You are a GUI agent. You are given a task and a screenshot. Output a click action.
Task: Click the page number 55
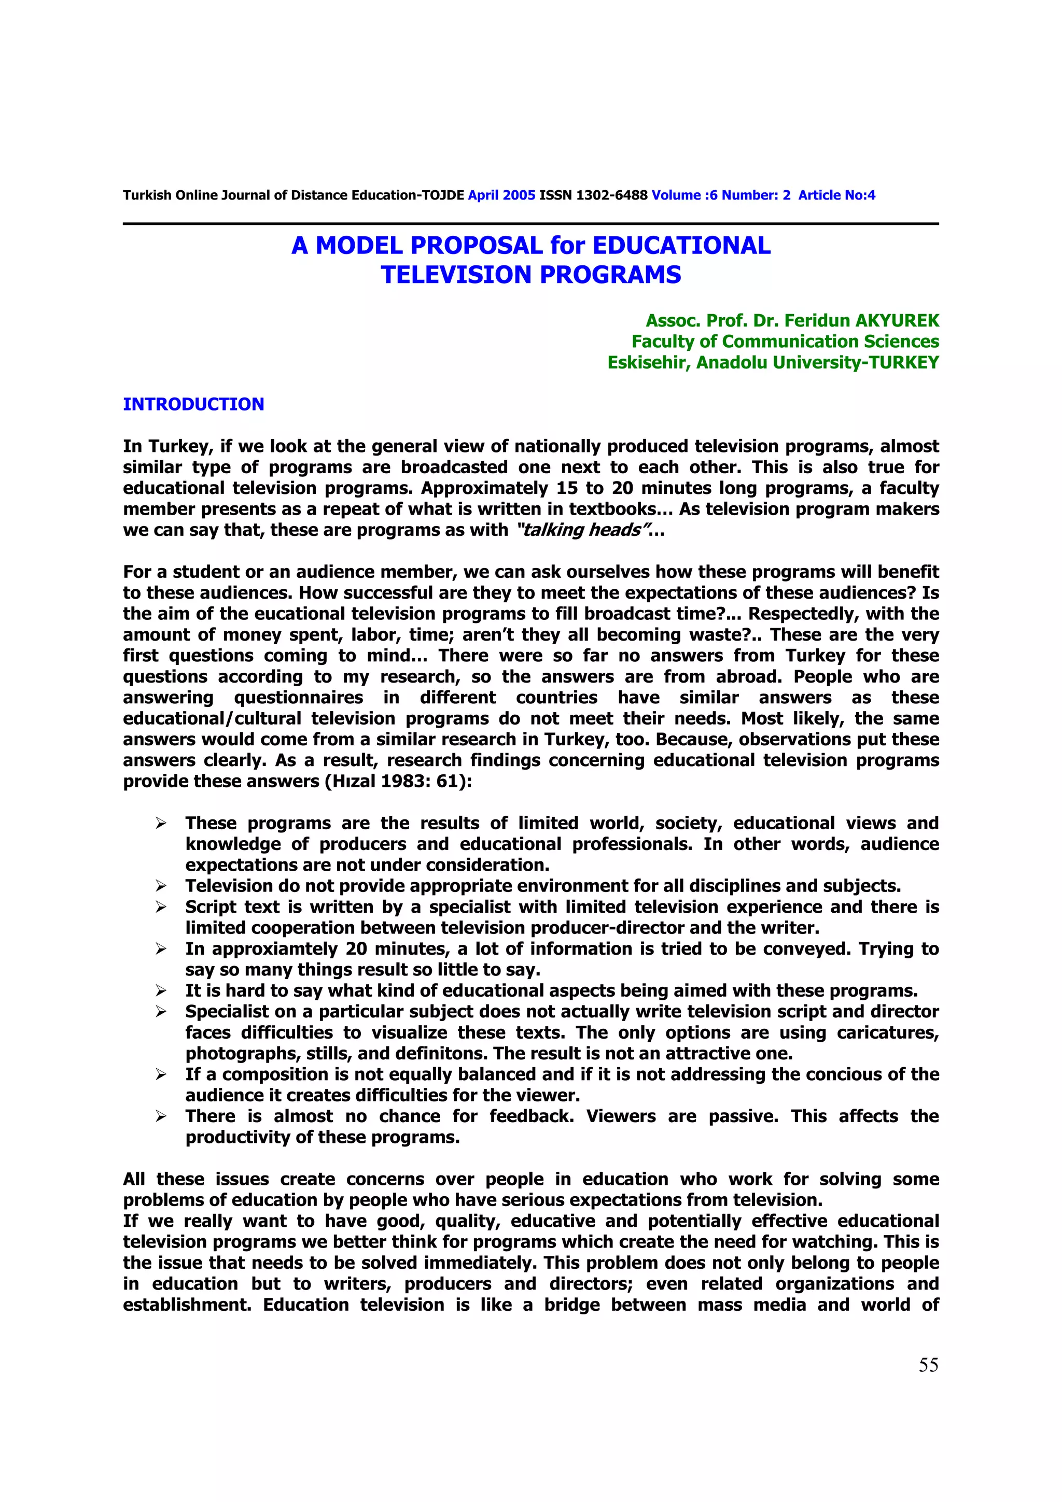pyautogui.click(x=928, y=1364)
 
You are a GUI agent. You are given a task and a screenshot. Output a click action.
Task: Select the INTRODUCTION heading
pyautogui.click(x=194, y=404)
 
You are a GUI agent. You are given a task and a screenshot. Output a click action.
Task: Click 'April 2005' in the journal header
pyautogui.click(x=501, y=195)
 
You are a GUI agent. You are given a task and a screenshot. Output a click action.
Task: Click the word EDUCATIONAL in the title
pyautogui.click(x=681, y=245)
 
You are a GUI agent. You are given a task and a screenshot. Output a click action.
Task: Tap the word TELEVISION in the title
pyautogui.click(x=457, y=275)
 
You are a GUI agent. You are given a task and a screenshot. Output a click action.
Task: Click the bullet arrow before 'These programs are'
pyautogui.click(x=161, y=823)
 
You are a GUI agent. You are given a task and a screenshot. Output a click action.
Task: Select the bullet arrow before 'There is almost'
pyautogui.click(x=161, y=1116)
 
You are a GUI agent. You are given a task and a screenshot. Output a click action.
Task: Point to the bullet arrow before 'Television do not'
pyautogui.click(x=161, y=886)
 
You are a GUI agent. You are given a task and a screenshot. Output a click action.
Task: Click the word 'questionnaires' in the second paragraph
pyautogui.click(x=298, y=698)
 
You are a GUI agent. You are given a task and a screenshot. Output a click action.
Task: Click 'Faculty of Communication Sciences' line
pyautogui.click(x=785, y=342)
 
